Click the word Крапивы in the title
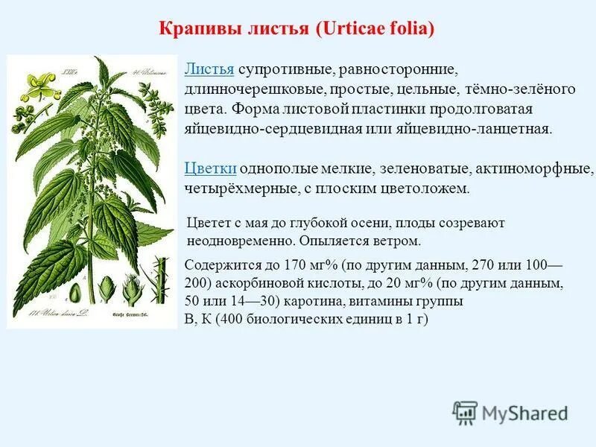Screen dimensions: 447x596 pos(195,30)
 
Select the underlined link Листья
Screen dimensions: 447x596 pos(209,69)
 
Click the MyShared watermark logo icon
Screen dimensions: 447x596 pos(465,412)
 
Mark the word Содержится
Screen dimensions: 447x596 pos(220,266)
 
